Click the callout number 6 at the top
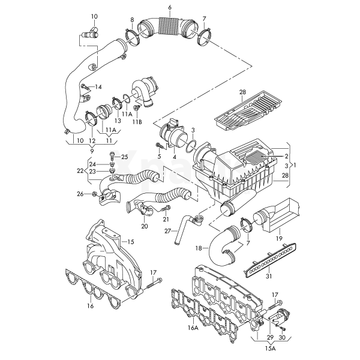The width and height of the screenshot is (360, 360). pos(170,7)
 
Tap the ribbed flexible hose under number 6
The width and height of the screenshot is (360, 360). pos(166,28)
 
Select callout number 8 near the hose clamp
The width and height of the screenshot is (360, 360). pos(133,21)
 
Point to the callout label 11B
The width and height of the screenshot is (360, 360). pos(137,122)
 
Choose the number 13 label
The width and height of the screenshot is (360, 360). pos(118,121)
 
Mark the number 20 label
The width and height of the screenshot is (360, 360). pos(144,226)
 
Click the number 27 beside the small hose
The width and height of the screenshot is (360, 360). pos(169,230)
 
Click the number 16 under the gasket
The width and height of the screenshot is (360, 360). pos(91,306)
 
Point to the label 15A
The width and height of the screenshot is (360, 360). pos(271,347)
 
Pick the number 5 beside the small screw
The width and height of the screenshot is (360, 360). pos(160,156)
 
